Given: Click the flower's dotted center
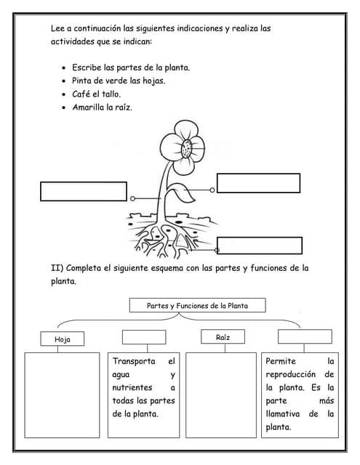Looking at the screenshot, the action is coord(188,149).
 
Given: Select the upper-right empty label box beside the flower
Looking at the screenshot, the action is coord(258,182).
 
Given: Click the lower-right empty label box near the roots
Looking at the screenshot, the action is coord(260,246).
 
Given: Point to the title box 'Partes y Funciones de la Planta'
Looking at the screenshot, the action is coord(197,306).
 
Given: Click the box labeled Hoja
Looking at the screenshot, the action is coord(63,339).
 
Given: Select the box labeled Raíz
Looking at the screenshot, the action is coord(223,337).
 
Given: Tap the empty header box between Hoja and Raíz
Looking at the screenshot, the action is coord(144,337).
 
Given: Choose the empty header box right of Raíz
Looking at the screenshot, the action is coord(305,336).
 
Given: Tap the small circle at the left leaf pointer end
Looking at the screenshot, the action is coord(132,198).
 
